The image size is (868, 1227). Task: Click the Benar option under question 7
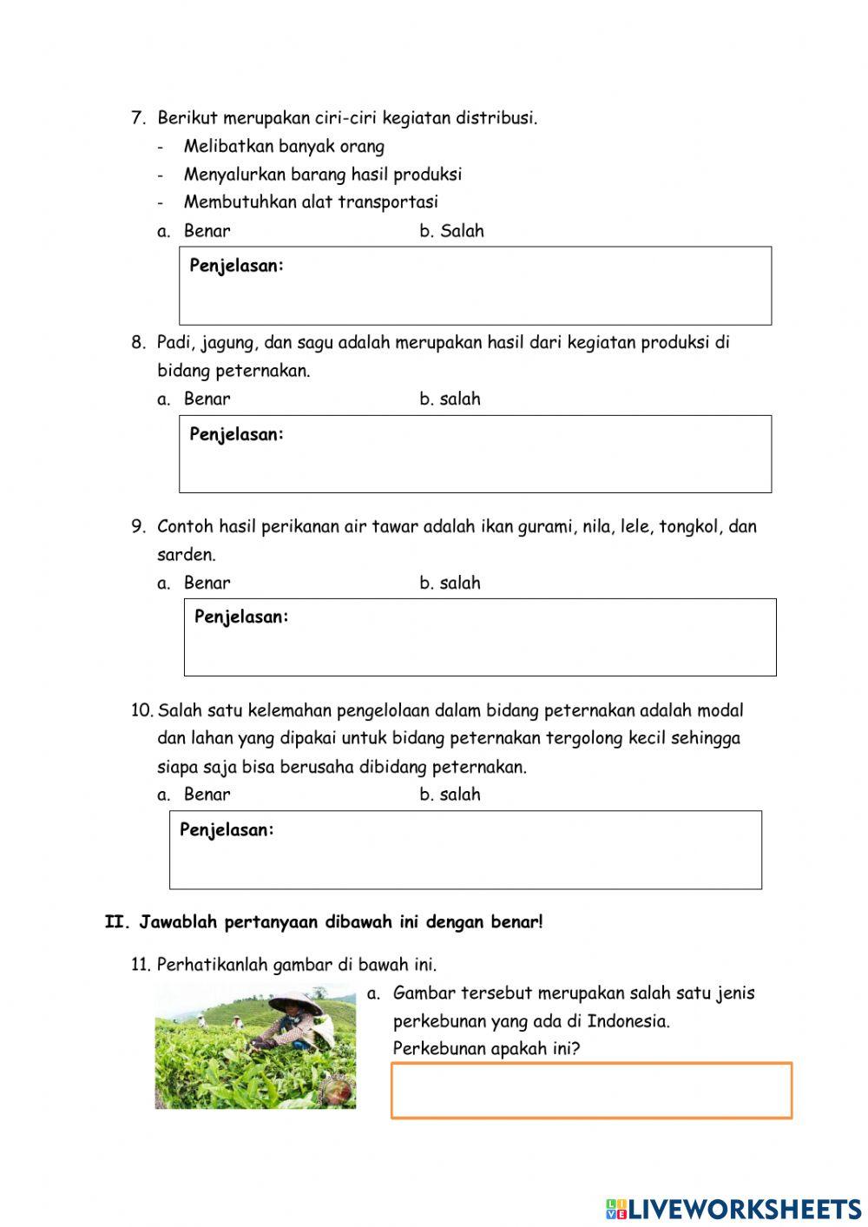[207, 231]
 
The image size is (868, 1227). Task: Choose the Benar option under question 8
[207, 399]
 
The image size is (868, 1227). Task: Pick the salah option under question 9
[459, 583]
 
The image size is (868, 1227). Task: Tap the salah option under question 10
[459, 794]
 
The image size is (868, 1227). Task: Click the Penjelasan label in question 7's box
[236, 266]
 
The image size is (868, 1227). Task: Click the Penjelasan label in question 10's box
[227, 829]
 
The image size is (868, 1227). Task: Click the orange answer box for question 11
[590, 1090]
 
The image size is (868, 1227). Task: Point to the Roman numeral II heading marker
[116, 922]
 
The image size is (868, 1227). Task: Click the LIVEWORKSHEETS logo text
[744, 1208]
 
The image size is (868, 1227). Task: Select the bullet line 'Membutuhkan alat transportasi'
[311, 201]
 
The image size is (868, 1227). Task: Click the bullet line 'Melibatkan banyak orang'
[284, 146]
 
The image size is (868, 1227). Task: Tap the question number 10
[141, 710]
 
